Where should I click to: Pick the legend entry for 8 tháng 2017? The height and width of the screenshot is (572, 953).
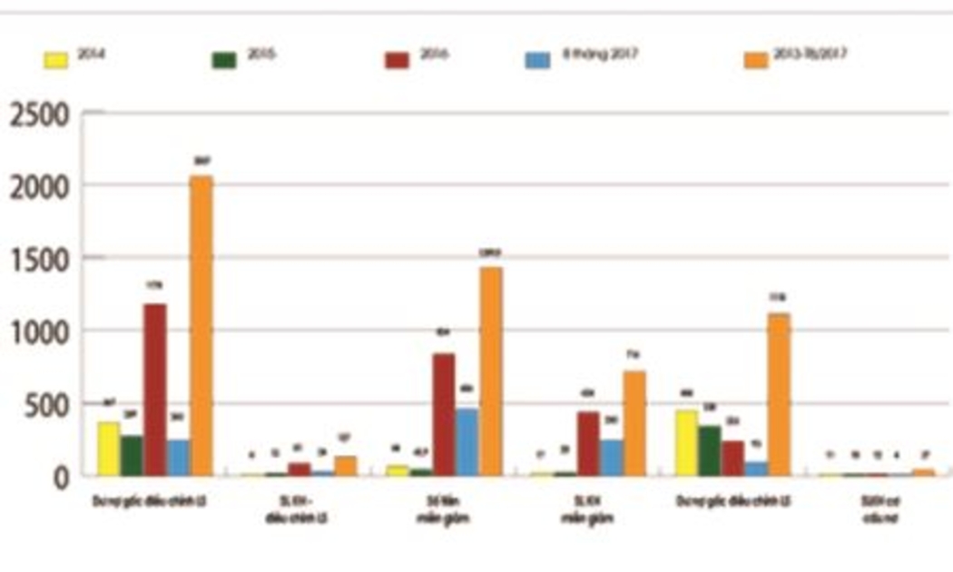[581, 57]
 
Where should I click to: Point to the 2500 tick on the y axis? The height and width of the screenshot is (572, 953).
[39, 115]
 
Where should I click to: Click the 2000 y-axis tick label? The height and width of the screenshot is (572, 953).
[39, 187]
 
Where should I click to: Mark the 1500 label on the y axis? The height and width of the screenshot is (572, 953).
[39, 261]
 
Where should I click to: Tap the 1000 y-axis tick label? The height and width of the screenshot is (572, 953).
[39, 331]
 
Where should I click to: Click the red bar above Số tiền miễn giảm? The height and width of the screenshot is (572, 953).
[444, 414]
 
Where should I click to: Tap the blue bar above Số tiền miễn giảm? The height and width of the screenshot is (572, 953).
[467, 442]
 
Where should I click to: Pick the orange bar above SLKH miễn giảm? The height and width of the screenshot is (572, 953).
[634, 422]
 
